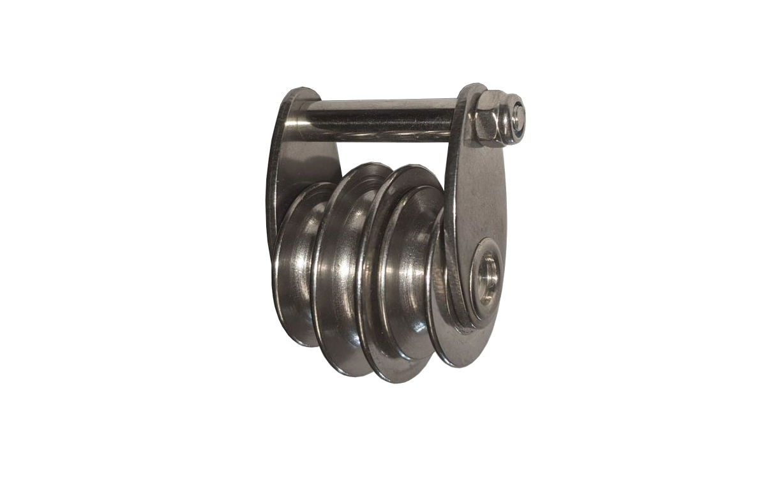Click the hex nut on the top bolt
(x=490, y=117)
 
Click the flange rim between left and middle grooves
(x=322, y=268)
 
